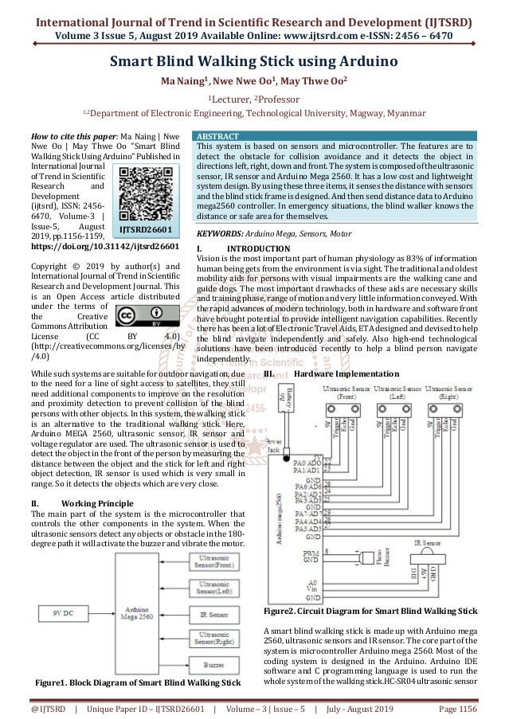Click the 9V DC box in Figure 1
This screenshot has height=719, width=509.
pos(60,615)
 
